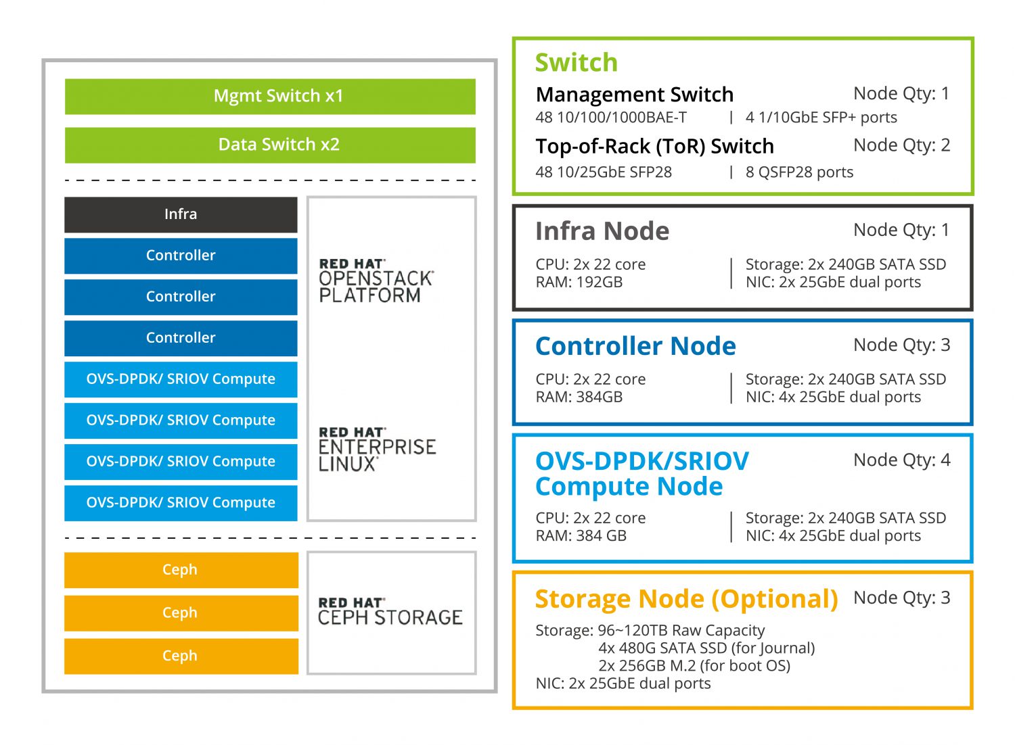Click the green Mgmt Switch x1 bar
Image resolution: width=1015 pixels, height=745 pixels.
click(270, 97)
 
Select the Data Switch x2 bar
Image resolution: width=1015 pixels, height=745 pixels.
click(270, 145)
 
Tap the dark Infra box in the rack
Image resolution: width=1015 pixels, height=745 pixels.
click(181, 214)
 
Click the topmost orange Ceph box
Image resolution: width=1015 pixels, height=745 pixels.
click(181, 570)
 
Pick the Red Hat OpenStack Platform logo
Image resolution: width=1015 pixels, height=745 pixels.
click(376, 281)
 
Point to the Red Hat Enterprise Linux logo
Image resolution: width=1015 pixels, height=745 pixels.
click(377, 449)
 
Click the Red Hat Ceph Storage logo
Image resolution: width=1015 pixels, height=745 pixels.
click(390, 611)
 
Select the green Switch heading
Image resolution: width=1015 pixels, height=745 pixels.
click(576, 63)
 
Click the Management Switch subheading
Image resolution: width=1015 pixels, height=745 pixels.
click(634, 95)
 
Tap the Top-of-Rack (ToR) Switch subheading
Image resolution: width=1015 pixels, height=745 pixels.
click(654, 147)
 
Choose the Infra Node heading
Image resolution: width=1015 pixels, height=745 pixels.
click(602, 231)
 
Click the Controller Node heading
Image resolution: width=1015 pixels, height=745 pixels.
click(635, 346)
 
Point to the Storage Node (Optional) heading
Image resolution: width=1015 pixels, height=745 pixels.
click(686, 599)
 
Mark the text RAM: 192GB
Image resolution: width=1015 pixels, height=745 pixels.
click(579, 283)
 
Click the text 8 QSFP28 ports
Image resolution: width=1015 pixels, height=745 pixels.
click(799, 172)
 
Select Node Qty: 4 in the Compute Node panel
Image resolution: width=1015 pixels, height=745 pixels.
click(901, 460)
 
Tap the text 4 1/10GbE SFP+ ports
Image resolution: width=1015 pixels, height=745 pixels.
click(821, 118)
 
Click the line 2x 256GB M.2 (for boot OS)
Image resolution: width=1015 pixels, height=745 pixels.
click(694, 666)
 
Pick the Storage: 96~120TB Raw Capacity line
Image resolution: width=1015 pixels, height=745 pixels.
click(650, 631)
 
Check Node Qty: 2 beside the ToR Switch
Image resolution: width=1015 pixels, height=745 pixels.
click(901, 145)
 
